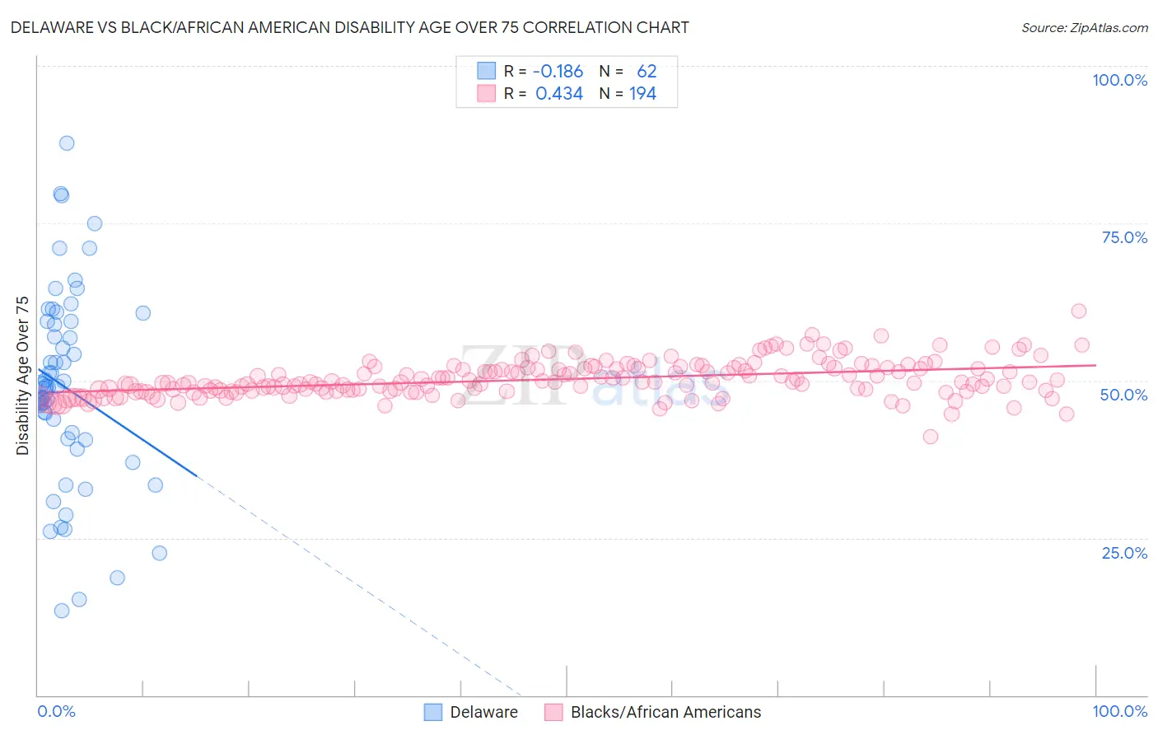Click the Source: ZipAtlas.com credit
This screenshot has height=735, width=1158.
point(1084,27)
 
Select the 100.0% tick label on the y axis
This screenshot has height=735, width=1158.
point(1119,80)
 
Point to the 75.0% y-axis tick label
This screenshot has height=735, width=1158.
point(1124,237)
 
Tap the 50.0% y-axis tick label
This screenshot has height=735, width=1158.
point(1124,395)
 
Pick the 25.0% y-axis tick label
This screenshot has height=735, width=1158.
point(1124,553)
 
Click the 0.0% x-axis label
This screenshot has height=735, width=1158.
point(56,711)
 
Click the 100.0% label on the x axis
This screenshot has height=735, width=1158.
point(1119,711)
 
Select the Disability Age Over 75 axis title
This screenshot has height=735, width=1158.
point(23,376)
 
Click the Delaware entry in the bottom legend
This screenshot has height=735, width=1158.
point(483,712)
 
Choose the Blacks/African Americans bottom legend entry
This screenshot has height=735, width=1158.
point(665,712)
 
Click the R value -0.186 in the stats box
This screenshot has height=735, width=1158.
point(558,72)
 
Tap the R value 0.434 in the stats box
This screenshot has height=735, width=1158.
point(559,94)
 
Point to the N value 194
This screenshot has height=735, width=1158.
point(642,94)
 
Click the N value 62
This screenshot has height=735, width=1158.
point(647,72)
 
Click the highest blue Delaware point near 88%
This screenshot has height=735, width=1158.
point(67,143)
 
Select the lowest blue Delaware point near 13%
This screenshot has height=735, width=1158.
point(62,611)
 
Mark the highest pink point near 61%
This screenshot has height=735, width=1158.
point(1079,311)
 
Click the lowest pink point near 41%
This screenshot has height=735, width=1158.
point(931,437)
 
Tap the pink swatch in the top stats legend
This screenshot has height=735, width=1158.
point(487,94)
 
